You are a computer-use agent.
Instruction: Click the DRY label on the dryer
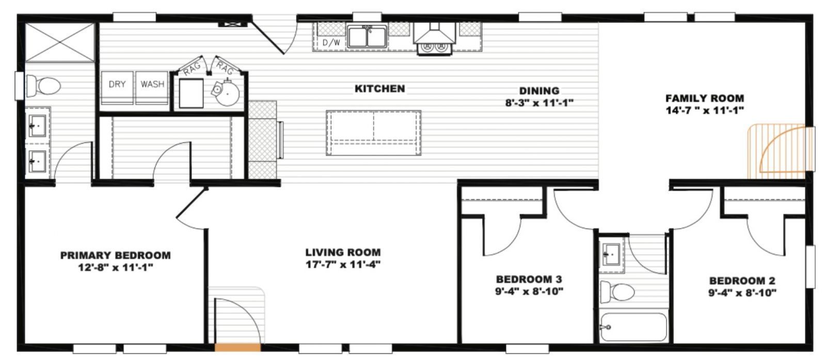click(117, 84)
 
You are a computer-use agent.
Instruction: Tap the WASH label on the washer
click(152, 84)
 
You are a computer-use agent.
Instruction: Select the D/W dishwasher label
click(331, 43)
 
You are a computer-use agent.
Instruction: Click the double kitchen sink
click(367, 37)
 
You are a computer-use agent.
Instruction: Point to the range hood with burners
click(434, 39)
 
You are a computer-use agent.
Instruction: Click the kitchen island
click(373, 132)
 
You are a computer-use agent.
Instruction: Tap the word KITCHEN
click(379, 89)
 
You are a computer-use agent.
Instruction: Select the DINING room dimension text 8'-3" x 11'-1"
click(539, 103)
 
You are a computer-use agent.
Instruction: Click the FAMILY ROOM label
click(704, 98)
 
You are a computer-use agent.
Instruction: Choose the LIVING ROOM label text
click(343, 253)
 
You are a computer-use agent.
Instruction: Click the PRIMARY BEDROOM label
click(115, 255)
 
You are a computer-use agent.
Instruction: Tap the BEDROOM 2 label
click(742, 281)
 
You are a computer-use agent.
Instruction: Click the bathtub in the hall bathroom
click(633, 327)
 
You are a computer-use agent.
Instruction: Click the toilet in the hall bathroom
click(617, 292)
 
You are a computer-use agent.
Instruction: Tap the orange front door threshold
click(237, 347)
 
